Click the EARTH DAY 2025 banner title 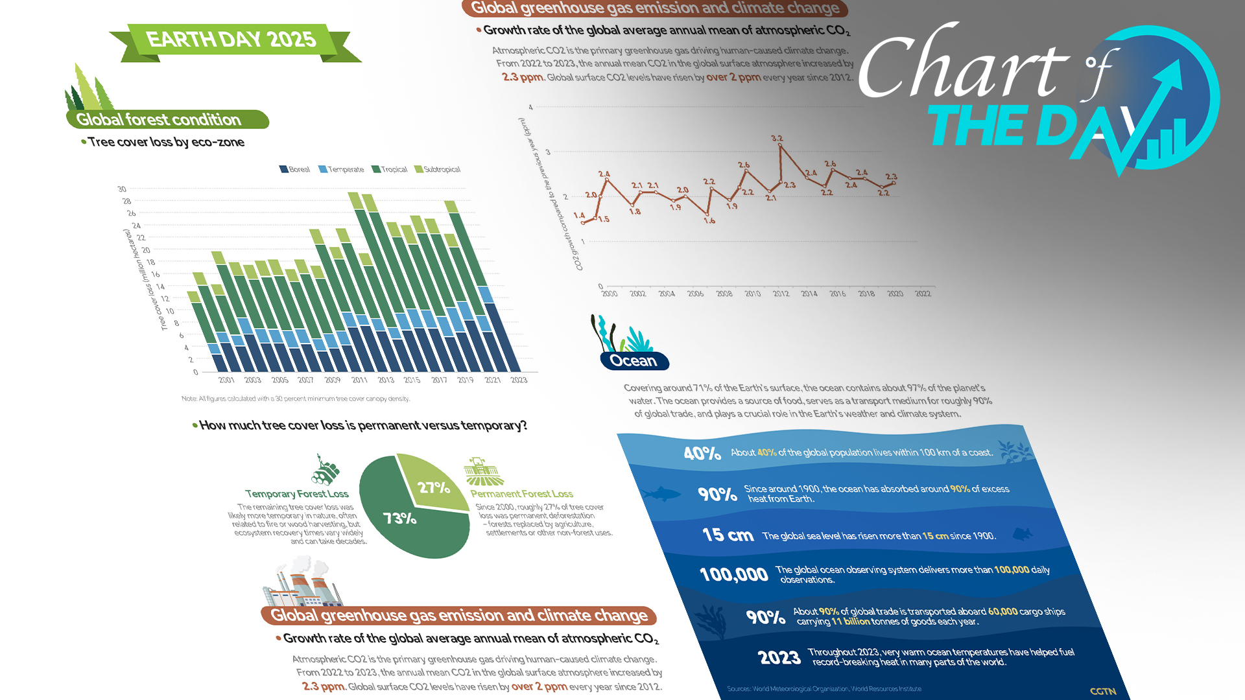click(x=231, y=40)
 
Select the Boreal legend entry click(x=294, y=169)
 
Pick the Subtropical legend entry click(x=438, y=169)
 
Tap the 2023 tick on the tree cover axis click(x=519, y=380)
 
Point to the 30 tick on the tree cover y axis click(x=122, y=189)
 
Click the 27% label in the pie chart click(x=433, y=487)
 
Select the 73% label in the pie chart click(x=399, y=519)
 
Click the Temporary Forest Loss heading click(x=296, y=494)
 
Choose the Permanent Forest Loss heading click(x=521, y=494)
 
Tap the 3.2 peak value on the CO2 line click(x=777, y=139)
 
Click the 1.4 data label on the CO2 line click(x=579, y=215)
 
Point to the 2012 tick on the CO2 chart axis click(x=781, y=294)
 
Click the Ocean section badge click(x=634, y=361)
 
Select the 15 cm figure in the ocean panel click(x=728, y=535)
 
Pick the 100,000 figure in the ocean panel click(x=733, y=574)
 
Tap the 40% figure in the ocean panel click(x=702, y=453)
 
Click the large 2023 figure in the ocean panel click(x=779, y=658)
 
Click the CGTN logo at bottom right click(x=1102, y=692)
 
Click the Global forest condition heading click(x=159, y=120)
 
